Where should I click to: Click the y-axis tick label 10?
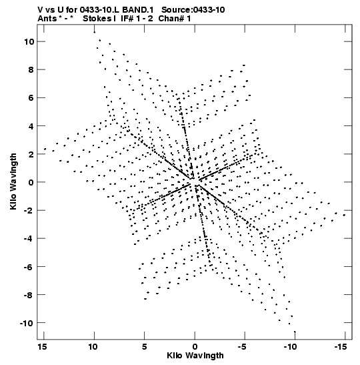point(29,42)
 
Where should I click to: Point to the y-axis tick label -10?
point(27,323)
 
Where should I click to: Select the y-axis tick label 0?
point(31,183)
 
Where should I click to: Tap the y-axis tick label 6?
point(31,98)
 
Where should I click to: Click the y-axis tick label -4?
point(29,239)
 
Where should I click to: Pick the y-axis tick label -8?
point(29,295)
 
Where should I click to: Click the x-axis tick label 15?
point(42,347)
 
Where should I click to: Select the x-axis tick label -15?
point(341,347)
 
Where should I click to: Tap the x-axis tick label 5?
point(145,347)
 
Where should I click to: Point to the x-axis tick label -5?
point(242,347)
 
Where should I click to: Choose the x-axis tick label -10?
point(291,347)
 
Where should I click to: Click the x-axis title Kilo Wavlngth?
point(195,356)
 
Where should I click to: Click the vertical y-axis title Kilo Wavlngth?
point(13,181)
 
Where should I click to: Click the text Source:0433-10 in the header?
point(193,10)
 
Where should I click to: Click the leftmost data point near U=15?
point(45,149)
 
